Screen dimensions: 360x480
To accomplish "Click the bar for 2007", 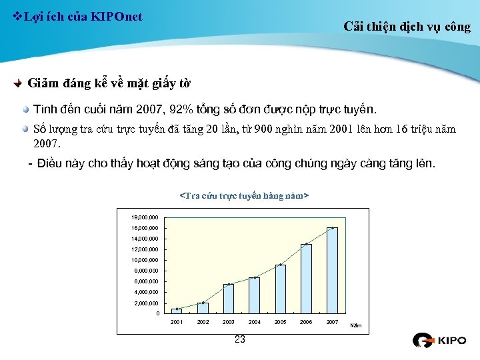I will point(332,270).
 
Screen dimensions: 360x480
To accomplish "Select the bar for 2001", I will point(177,311).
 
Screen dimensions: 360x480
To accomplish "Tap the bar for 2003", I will point(229,299).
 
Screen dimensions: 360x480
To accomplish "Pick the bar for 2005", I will point(281,289).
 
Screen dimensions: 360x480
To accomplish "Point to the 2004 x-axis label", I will point(255,322).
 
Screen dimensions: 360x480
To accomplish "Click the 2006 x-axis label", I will point(306,322).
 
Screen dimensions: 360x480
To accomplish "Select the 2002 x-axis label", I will point(203,322).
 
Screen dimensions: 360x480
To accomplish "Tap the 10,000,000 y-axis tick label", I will point(145,260).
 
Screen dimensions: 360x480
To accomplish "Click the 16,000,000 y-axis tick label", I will point(145,228).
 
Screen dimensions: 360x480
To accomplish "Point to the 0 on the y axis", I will point(157,313).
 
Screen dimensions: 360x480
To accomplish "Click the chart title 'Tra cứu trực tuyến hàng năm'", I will point(244,196).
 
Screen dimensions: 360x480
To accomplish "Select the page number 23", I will point(240,340).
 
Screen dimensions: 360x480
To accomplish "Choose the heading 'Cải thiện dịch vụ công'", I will point(407,27).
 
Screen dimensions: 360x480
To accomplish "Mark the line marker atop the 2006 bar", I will point(306,244).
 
